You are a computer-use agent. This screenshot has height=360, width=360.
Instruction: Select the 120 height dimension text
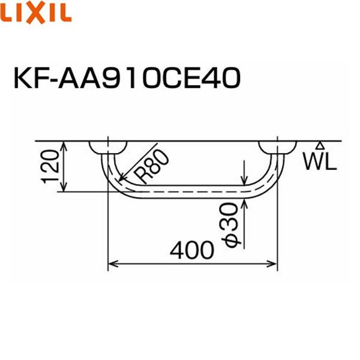(x=50, y=166)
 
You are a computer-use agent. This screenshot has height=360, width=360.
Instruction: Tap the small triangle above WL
(x=320, y=145)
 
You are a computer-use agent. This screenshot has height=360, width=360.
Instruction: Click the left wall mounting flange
(x=108, y=147)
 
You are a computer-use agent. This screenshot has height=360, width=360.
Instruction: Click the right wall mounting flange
(x=277, y=147)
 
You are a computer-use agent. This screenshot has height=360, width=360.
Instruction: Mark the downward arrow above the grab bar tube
(x=245, y=180)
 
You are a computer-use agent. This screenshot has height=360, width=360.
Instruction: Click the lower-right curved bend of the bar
(x=269, y=180)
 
